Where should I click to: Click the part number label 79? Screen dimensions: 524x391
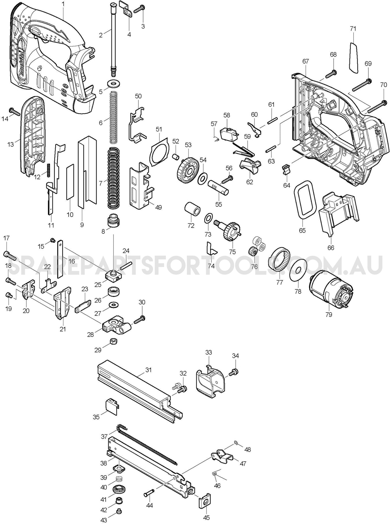pos(328,314)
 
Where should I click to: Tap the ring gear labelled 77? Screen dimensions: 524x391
pos(279,259)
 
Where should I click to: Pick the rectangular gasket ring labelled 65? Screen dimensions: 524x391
pos(304,200)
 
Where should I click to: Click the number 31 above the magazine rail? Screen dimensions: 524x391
pos(148,370)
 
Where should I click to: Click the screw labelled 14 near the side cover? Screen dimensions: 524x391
pos(15,111)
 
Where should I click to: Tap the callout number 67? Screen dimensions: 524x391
pos(306,61)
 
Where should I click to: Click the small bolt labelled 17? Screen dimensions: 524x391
pos(10,255)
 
